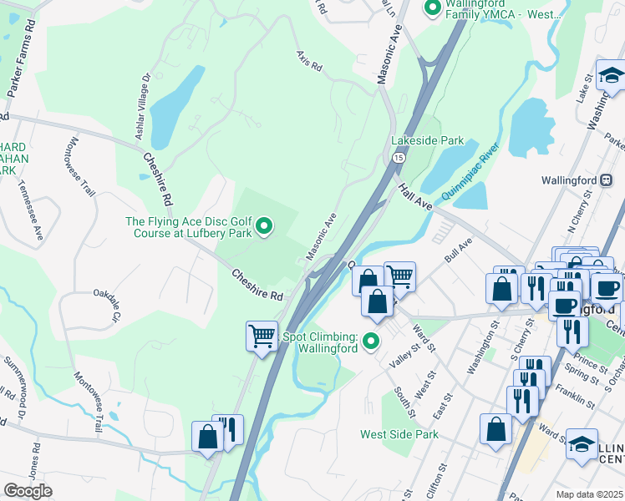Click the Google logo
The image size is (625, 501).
click(x=28, y=490)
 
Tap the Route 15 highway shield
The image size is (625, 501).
click(x=399, y=157)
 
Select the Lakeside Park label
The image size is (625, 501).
click(x=428, y=141)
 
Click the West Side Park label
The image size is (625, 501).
click(x=399, y=434)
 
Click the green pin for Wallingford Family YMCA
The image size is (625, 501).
click(x=432, y=9)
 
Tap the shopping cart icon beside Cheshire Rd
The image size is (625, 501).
click(x=262, y=337)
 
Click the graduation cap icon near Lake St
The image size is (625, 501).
click(x=612, y=76)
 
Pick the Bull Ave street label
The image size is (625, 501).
click(x=459, y=249)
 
